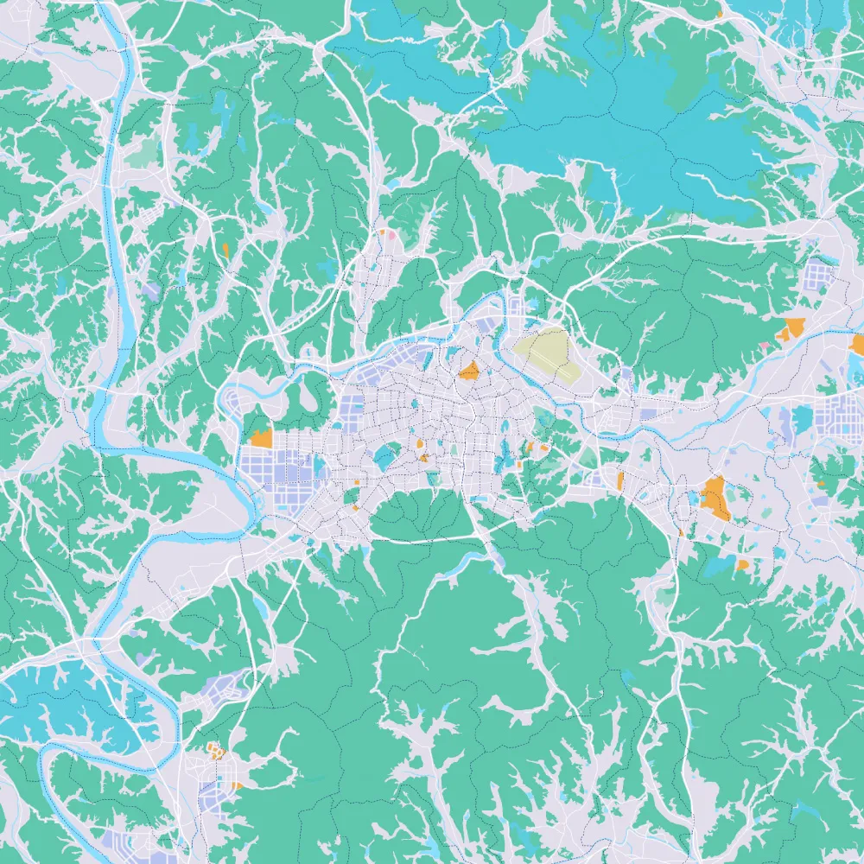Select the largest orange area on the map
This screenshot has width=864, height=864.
pyautogui.click(x=715, y=499)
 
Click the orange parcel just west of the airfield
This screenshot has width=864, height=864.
pyautogui.click(x=469, y=372)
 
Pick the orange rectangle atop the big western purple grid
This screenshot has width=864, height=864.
pyautogui.click(x=261, y=437)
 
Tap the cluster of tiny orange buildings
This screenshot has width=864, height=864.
pyautogui.click(x=215, y=752)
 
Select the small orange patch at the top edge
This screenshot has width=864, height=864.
pyautogui.click(x=720, y=14)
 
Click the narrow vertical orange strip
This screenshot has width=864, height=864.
pyautogui.click(x=620, y=480)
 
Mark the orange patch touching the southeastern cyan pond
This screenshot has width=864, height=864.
pyautogui.click(x=742, y=564)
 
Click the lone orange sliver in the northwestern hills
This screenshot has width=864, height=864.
pyautogui.click(x=226, y=251)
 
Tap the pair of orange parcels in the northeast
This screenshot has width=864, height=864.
pyautogui.click(x=791, y=328)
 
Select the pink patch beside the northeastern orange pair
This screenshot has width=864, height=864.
pyautogui.click(x=765, y=346)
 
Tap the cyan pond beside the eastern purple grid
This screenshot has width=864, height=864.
pyautogui.click(x=803, y=419)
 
